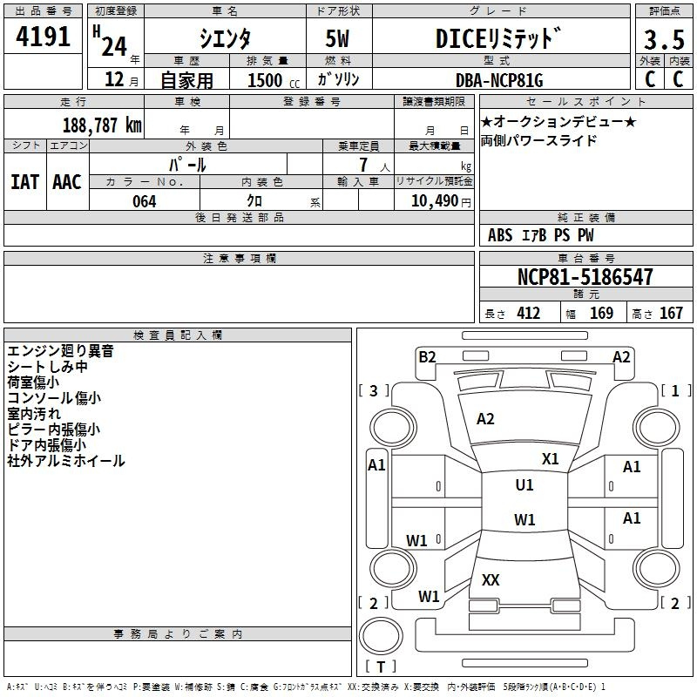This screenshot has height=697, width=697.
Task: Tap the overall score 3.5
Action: tap(663, 40)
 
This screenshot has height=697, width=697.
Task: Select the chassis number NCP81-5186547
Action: tap(585, 278)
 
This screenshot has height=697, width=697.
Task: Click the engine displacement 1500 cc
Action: tap(267, 80)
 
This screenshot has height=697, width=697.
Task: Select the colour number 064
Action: tap(144, 201)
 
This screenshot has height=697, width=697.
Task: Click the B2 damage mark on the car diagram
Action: tap(427, 355)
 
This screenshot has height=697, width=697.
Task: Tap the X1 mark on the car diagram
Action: tap(550, 458)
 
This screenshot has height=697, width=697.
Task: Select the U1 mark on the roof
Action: tap(524, 485)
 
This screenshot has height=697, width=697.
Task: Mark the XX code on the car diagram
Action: tap(491, 579)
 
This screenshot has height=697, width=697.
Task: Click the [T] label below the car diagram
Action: tap(381, 667)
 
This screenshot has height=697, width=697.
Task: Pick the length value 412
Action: tap(528, 314)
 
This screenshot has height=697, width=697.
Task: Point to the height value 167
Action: tap(671, 314)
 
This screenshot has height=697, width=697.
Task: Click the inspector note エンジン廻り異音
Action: tap(60, 352)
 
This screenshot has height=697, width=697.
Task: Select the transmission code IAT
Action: tap(25, 181)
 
